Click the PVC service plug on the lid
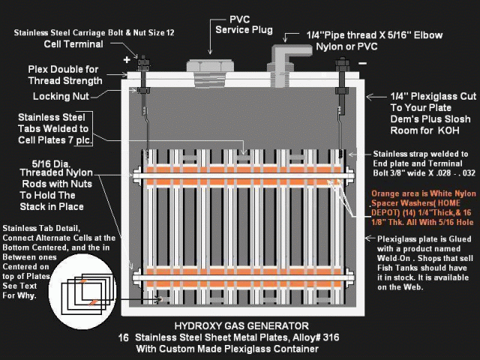pos(207,64)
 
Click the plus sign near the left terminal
pos(125,59)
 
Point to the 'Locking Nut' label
pos(61,96)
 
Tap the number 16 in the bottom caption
pos(124,338)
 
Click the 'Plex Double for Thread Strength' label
pos(64,74)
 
